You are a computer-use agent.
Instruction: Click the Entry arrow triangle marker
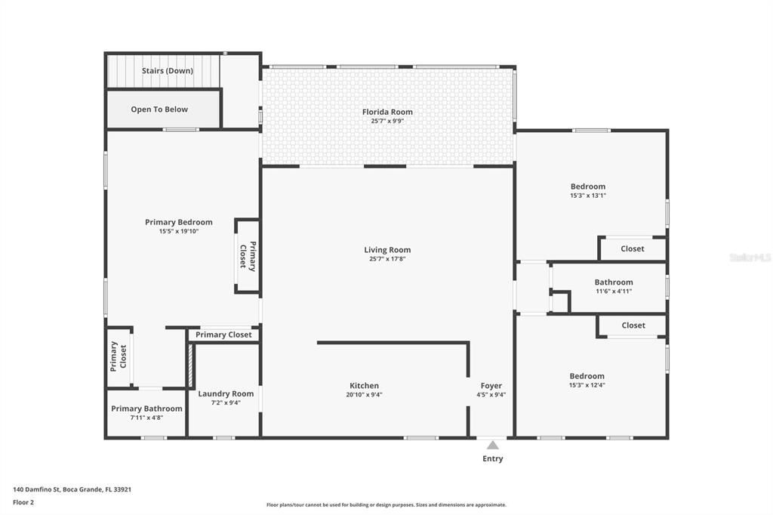(492, 446)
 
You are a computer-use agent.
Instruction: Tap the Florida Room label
(387, 112)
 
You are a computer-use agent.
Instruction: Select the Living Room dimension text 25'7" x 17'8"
(387, 258)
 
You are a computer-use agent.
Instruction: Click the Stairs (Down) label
(168, 70)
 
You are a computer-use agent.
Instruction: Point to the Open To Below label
(159, 109)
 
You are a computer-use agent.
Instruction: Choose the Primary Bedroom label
(179, 222)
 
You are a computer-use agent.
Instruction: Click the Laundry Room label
(226, 393)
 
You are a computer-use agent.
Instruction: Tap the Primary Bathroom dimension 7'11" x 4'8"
(147, 418)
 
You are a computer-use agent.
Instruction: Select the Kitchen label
(365, 386)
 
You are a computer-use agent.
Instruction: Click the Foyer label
(491, 386)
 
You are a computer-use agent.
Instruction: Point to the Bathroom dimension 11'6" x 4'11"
(614, 291)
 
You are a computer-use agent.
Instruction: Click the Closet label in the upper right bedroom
(633, 248)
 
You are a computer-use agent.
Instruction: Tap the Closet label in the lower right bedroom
(633, 325)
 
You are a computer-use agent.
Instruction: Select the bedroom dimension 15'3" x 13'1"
(588, 196)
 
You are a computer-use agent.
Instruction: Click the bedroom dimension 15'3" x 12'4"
(587, 385)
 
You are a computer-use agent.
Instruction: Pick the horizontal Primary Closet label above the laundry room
(223, 335)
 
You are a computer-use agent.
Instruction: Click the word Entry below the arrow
(493, 459)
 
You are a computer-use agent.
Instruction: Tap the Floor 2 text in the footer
(23, 503)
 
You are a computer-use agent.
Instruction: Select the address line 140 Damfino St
(36, 489)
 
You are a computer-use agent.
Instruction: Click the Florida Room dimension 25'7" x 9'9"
(387, 121)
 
